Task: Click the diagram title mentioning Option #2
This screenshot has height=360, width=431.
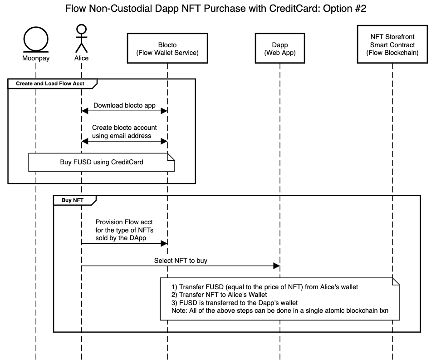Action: (215, 9)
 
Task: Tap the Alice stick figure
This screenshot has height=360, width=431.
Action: (82, 39)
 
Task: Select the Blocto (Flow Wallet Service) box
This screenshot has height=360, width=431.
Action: (167, 49)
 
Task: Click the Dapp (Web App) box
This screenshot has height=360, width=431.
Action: (280, 49)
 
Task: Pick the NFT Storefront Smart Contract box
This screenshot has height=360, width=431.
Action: (392, 45)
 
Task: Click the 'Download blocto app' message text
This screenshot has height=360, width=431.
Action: (124, 105)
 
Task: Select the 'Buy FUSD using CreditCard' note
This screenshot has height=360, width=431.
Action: (102, 162)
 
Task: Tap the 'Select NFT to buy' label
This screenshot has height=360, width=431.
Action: (181, 261)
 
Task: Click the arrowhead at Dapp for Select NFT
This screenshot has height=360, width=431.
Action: (276, 266)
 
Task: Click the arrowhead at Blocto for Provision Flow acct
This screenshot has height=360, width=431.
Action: (164, 244)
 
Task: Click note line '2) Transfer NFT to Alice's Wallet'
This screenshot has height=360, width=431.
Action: (220, 295)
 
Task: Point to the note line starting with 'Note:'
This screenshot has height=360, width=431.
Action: (279, 310)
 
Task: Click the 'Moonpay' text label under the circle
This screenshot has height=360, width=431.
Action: (36, 59)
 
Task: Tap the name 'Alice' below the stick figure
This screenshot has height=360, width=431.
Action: (82, 59)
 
